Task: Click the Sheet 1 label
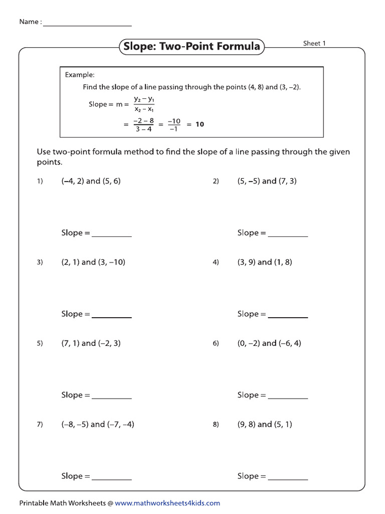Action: (314, 43)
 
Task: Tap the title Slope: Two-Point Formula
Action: (191, 47)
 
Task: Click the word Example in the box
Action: (79, 75)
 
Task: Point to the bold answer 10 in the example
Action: (200, 124)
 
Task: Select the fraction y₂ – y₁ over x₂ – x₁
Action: (143, 104)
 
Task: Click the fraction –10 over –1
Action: (174, 124)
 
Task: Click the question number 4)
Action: (216, 263)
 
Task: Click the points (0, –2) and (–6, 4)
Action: (269, 343)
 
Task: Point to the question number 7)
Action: (40, 425)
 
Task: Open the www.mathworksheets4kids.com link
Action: (167, 503)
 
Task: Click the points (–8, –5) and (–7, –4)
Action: (98, 424)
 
